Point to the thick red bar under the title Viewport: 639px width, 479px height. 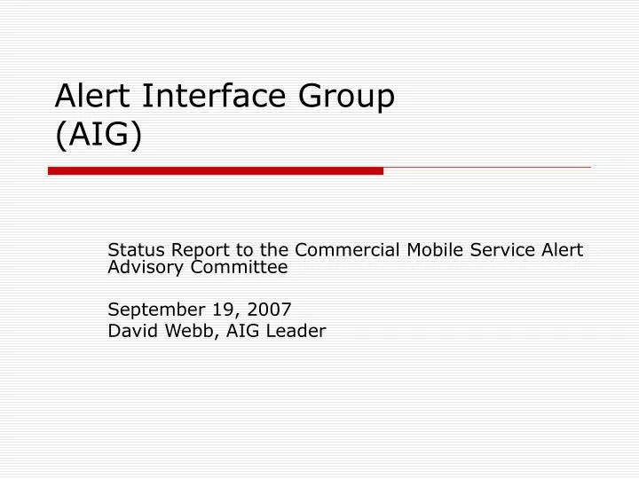[x=216, y=170]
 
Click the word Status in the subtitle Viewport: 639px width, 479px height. [x=130, y=250]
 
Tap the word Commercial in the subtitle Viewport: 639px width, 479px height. [x=341, y=250]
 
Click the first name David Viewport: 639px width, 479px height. [x=129, y=331]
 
